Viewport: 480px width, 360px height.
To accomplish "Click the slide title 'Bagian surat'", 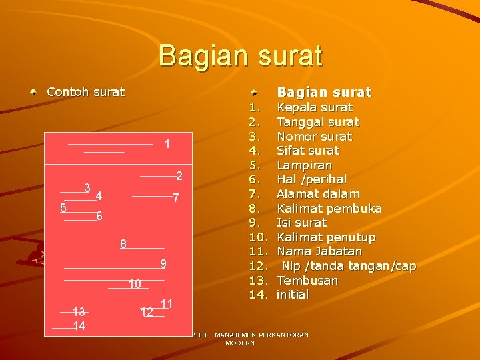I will [x=240, y=55].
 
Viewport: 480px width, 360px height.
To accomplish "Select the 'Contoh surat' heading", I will [x=85, y=92].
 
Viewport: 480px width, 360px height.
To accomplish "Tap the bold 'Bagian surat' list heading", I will [x=324, y=92].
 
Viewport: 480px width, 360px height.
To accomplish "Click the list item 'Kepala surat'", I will [x=315, y=107].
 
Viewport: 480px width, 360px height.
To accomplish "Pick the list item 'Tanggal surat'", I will [x=317, y=122].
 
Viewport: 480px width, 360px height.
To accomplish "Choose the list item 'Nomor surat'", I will [x=314, y=137].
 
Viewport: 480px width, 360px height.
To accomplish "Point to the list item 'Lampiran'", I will [x=304, y=165].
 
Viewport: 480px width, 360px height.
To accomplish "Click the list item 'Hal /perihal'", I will [x=311, y=179].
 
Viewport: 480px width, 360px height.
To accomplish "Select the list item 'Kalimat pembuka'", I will [x=329, y=209].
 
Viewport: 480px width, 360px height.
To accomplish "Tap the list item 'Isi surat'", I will [x=301, y=223].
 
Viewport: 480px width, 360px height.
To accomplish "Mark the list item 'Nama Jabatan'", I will [x=319, y=251].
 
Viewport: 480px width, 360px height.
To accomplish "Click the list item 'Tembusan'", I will [x=307, y=281].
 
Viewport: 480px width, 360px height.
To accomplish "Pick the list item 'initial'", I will [x=293, y=295].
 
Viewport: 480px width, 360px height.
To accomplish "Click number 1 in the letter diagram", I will [x=167, y=145].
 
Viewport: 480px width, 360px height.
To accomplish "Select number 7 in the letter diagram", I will [x=175, y=198].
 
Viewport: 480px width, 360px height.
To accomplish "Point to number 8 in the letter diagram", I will [x=123, y=244].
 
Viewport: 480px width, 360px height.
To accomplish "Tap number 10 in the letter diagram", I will [x=135, y=285].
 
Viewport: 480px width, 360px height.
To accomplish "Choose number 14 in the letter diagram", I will [x=79, y=326].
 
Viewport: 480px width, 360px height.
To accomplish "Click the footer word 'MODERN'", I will [x=240, y=343].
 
